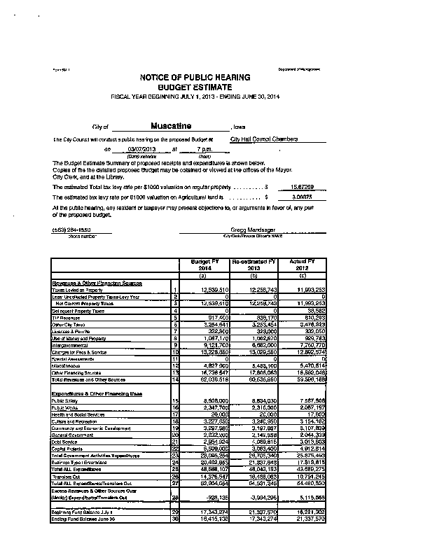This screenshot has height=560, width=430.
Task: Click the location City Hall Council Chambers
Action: (x=264, y=139)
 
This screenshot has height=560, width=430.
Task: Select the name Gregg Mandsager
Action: (x=253, y=230)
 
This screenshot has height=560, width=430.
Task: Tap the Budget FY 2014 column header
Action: (x=200, y=264)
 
